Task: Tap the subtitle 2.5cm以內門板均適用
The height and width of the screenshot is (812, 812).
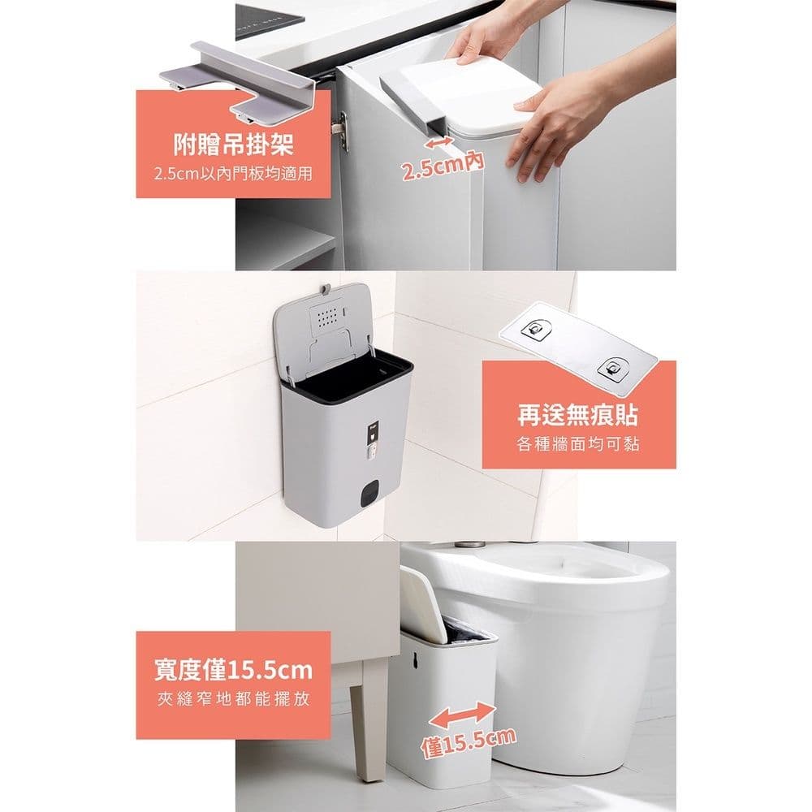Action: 233,174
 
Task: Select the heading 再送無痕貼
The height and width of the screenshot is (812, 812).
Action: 577,417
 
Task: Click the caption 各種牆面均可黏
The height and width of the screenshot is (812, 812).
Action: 577,444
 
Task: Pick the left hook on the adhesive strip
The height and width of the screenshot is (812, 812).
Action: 535,328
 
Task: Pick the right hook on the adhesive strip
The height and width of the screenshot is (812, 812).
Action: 611,367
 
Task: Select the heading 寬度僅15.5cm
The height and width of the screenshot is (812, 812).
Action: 233,671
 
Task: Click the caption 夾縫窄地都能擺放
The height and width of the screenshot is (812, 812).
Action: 233,700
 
